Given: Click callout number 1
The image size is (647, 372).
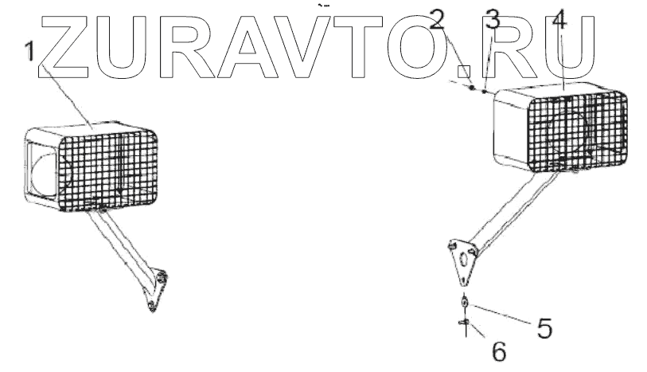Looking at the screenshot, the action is (x=29, y=52).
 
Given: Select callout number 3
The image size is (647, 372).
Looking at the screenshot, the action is (x=493, y=22).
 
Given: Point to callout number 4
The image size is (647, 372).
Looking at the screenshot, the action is (x=559, y=22).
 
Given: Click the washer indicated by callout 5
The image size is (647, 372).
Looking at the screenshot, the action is (x=464, y=303).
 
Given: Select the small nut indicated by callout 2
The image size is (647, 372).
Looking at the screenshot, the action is (x=472, y=88).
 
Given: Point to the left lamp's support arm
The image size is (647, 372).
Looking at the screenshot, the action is (x=127, y=247).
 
